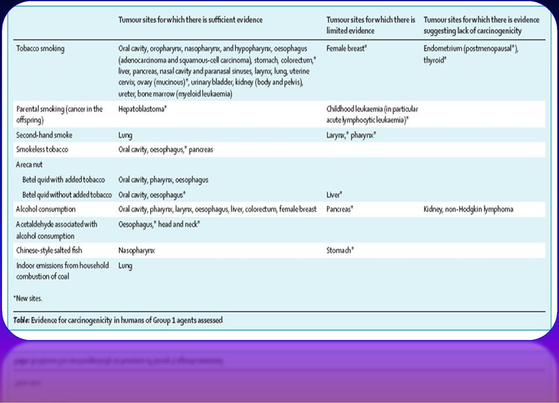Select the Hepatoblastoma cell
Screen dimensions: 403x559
click(x=142, y=108)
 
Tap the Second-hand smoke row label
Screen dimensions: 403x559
click(x=44, y=135)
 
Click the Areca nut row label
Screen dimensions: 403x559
click(x=29, y=164)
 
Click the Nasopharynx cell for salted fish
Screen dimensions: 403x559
click(x=137, y=250)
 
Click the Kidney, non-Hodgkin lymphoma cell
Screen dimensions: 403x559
click(x=468, y=209)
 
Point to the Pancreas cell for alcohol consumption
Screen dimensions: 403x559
click(x=341, y=209)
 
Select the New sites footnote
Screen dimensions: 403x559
click(x=28, y=298)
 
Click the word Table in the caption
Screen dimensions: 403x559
click(x=22, y=320)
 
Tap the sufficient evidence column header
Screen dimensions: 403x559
click(x=190, y=20)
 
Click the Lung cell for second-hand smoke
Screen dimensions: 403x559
click(x=125, y=135)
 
